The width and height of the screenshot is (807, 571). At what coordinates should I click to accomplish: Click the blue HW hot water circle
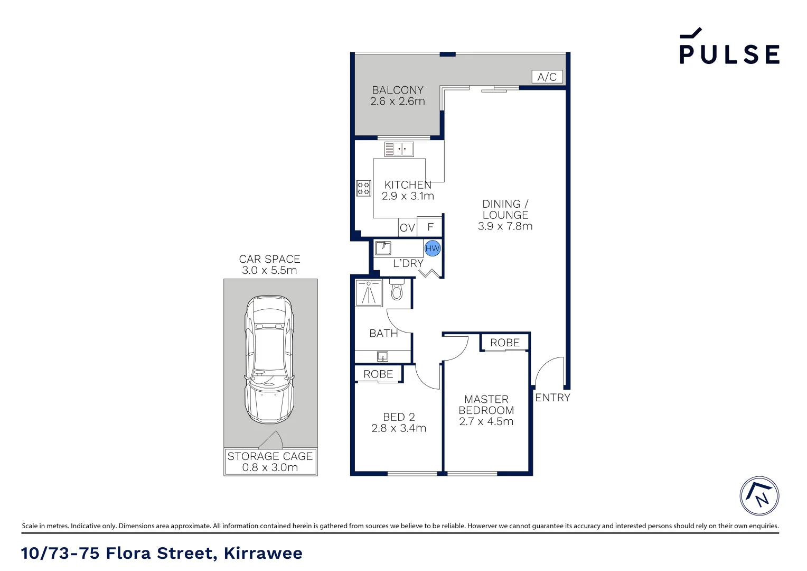click(433, 248)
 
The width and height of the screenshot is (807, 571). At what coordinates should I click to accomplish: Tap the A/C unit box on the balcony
click(547, 77)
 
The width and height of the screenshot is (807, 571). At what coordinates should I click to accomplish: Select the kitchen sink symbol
click(399, 149)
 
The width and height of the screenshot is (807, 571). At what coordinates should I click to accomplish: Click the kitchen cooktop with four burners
click(363, 188)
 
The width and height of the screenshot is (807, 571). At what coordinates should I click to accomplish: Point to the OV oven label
click(407, 228)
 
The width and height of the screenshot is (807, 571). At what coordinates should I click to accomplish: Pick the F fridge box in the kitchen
click(430, 227)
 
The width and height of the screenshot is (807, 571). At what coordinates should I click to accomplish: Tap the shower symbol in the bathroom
click(369, 293)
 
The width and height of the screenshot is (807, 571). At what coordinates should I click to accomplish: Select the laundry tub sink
click(383, 247)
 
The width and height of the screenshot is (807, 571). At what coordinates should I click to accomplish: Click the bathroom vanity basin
click(382, 356)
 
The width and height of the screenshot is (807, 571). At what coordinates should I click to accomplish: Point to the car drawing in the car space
click(269, 360)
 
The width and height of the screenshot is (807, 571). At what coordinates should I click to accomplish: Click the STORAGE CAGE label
click(270, 456)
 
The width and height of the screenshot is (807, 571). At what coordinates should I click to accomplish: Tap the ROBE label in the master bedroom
click(505, 343)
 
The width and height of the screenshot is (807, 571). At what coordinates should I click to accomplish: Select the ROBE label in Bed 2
click(378, 374)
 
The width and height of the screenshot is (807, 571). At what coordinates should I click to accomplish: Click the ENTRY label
click(552, 398)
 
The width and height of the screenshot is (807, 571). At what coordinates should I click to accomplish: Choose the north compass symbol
click(759, 496)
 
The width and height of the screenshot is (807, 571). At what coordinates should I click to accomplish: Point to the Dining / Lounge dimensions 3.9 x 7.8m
click(505, 226)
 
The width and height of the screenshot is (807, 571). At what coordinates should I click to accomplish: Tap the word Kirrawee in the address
click(263, 553)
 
